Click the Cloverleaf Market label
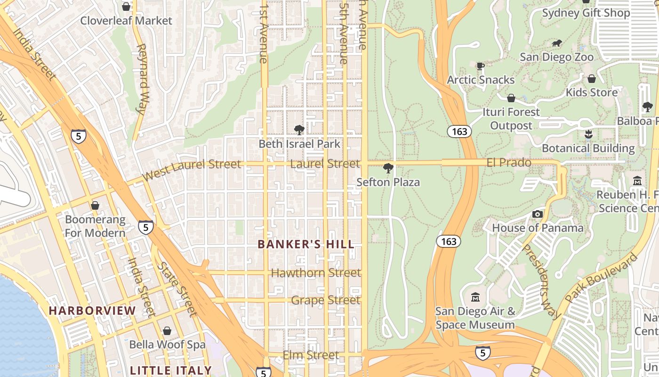126,21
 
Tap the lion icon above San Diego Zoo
557,43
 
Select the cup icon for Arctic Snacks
480,66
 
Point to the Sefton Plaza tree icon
388,168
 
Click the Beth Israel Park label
299,144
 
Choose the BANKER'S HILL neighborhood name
306,245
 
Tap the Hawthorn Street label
316,273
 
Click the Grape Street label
326,300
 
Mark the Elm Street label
311,355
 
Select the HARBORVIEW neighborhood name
92,311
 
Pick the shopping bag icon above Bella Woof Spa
167,331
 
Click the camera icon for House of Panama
538,214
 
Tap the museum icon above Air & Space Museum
475,297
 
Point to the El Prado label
509,163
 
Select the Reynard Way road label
141,79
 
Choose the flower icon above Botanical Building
588,135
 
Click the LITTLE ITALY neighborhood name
171,370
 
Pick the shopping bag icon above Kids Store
592,79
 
